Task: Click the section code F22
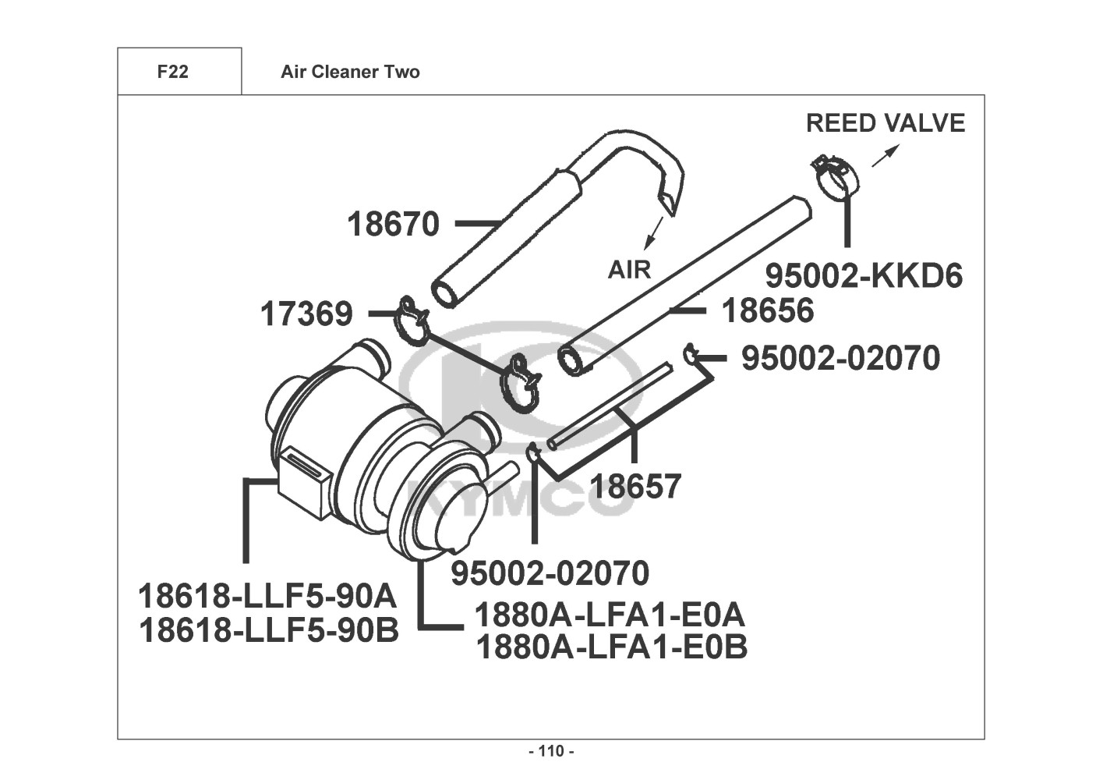point(172,72)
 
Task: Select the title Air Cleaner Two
point(350,72)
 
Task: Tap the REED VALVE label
point(886,123)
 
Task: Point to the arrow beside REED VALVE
point(886,155)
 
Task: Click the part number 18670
point(393,224)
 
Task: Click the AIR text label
point(629,270)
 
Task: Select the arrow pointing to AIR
point(655,233)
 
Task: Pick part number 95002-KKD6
point(864,276)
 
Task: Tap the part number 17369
point(306,314)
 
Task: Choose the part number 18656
point(768,311)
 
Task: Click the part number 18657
point(635,486)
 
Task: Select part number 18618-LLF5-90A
point(267,596)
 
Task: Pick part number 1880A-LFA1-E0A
point(610,615)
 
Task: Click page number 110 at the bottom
point(551,751)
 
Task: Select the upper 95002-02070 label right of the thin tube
point(840,358)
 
